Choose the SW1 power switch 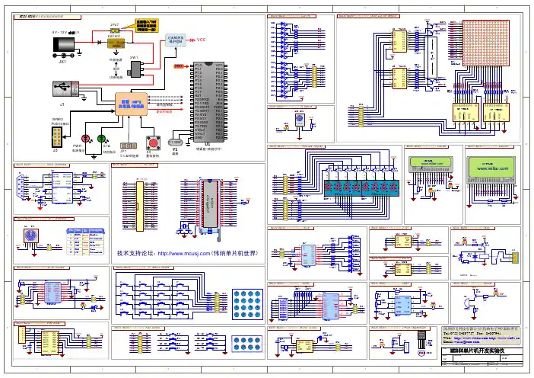[138, 69]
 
